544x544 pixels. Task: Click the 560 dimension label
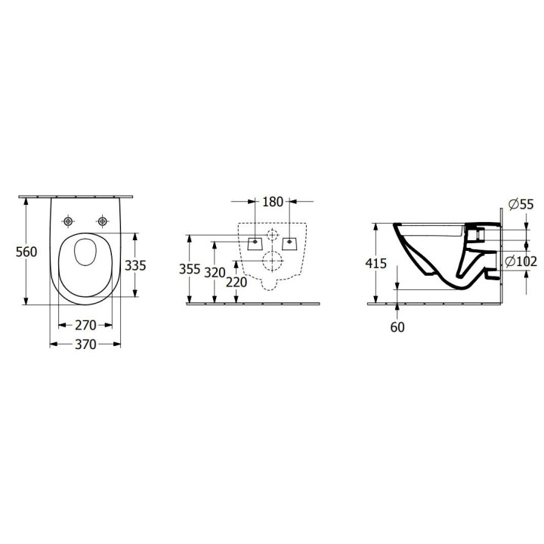tap(26, 252)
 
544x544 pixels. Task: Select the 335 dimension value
tap(135, 265)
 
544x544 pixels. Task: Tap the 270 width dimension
tap(85, 325)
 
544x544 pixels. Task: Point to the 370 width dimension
tap(85, 345)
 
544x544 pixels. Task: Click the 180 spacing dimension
tap(273, 202)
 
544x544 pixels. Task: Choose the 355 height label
tap(190, 269)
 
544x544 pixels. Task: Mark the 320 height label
tap(215, 273)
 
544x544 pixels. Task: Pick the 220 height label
tap(236, 282)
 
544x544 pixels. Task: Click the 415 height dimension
tap(376, 264)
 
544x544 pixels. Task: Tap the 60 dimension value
tap(397, 327)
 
